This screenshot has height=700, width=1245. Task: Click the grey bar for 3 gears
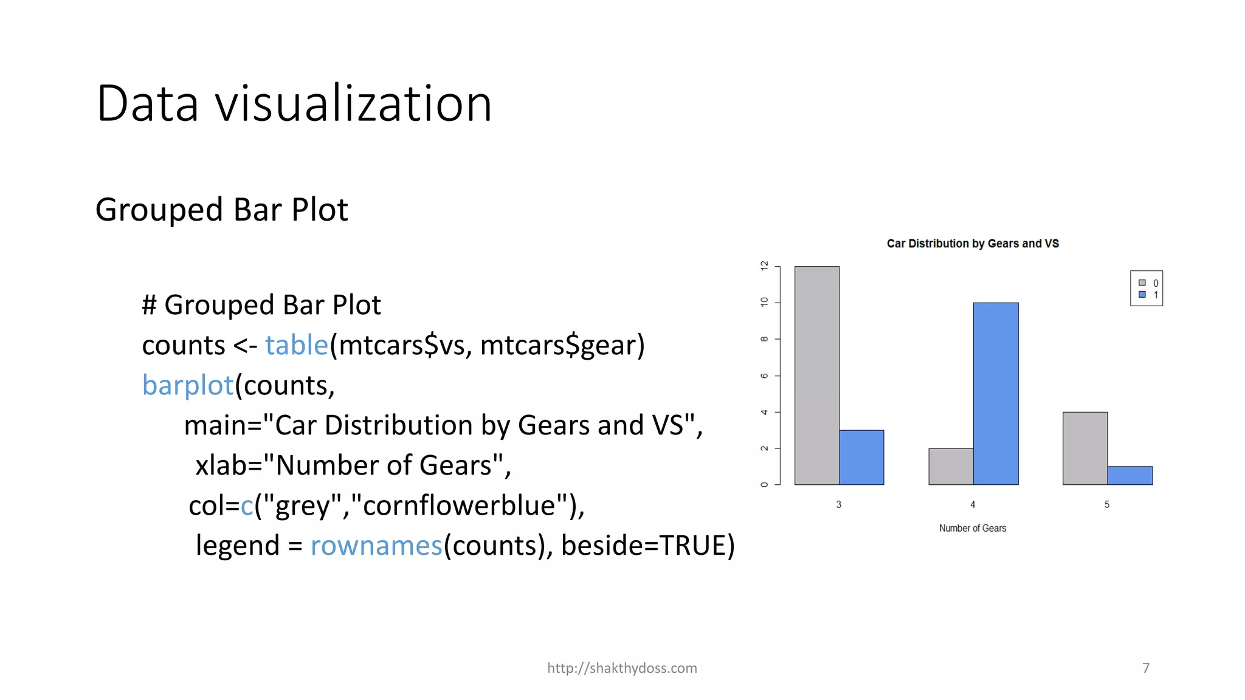tap(816, 375)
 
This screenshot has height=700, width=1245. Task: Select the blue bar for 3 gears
tap(861, 457)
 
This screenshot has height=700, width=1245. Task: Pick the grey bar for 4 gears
tap(951, 466)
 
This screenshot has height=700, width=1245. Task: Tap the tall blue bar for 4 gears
tap(996, 393)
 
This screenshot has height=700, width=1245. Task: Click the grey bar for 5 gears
tap(1085, 448)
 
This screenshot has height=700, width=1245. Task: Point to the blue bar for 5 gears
tap(1130, 475)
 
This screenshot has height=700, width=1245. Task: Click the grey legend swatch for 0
tap(1142, 283)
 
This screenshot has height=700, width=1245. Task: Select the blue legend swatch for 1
tap(1142, 295)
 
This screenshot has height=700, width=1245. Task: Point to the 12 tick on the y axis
tap(764, 266)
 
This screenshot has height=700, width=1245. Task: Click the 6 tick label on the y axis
tap(764, 376)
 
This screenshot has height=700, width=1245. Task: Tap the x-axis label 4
tap(973, 504)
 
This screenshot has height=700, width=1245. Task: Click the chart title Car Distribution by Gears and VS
tap(973, 244)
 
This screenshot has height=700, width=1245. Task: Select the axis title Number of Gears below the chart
tap(973, 528)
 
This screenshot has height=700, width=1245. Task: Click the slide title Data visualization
tap(294, 103)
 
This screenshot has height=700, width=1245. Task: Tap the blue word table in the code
tap(297, 345)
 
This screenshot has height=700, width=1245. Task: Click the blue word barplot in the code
tap(188, 385)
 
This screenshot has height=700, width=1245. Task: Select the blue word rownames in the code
tap(376, 546)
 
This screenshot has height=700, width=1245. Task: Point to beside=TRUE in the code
tap(648, 546)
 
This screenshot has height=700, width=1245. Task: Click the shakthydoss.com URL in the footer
tap(622, 668)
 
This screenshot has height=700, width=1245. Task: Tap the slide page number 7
tap(1146, 668)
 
